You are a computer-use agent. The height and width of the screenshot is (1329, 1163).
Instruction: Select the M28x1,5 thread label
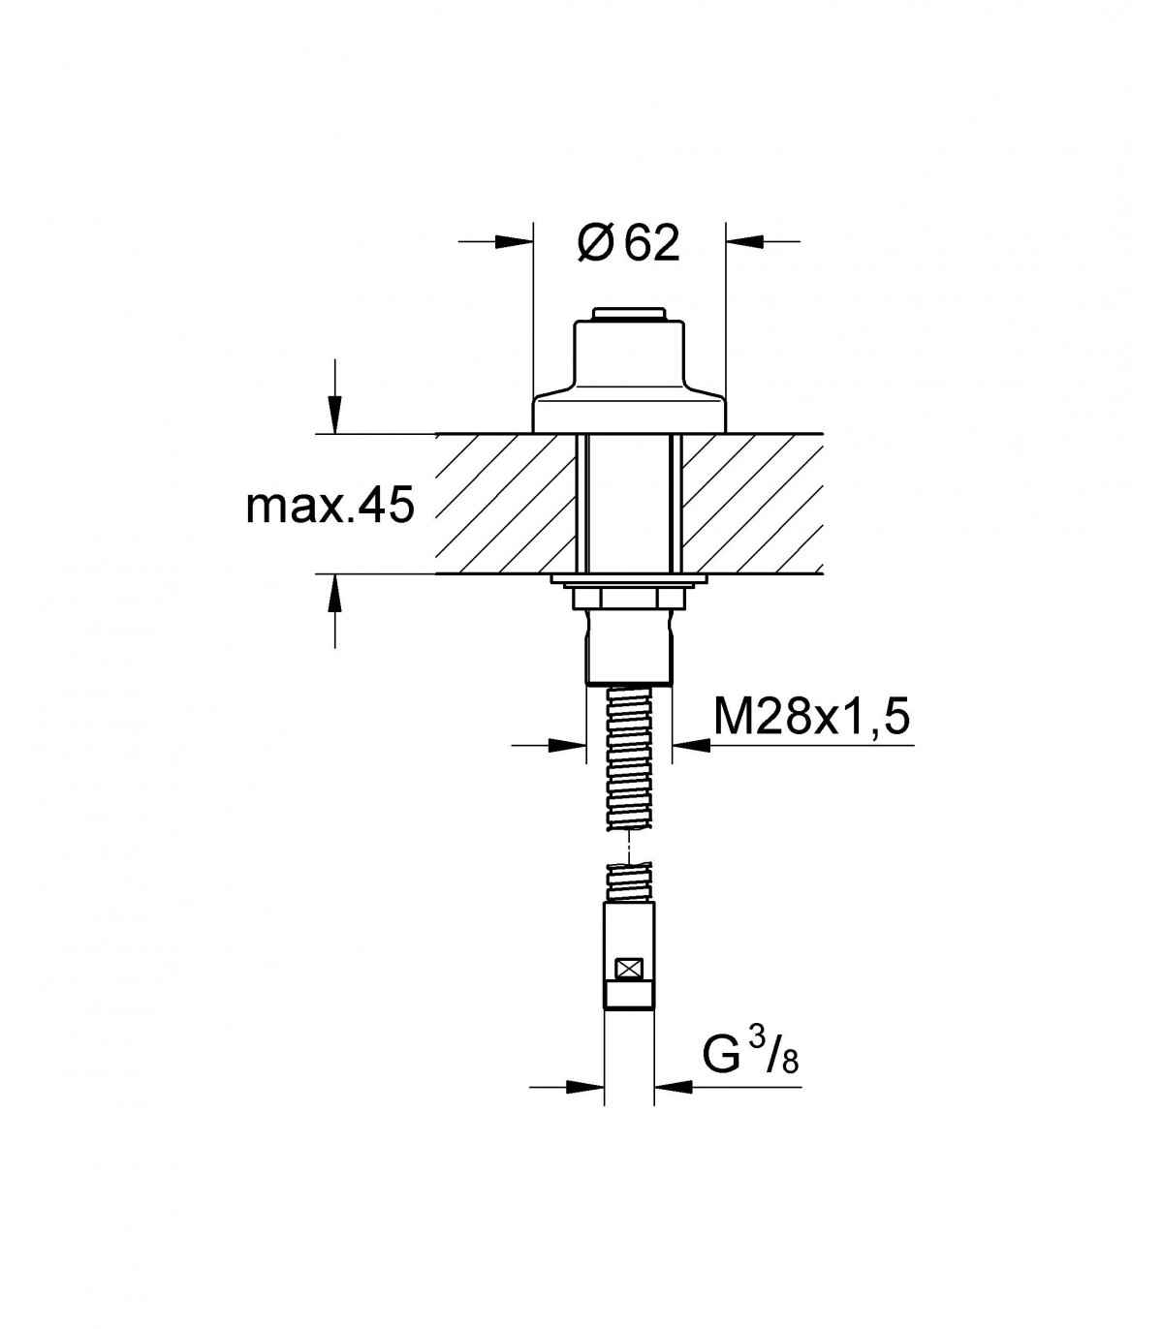coord(811,717)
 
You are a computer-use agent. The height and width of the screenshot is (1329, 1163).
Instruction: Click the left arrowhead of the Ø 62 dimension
coord(514,242)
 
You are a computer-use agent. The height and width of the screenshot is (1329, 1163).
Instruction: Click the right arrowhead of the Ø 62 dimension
coord(744,242)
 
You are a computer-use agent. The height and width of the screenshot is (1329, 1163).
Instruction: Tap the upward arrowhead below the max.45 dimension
coord(335,593)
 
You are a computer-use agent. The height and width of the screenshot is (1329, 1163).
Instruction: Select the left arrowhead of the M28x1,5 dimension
coord(567,745)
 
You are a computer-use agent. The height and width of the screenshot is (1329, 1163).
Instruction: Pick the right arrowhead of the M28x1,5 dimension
coord(691,745)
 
